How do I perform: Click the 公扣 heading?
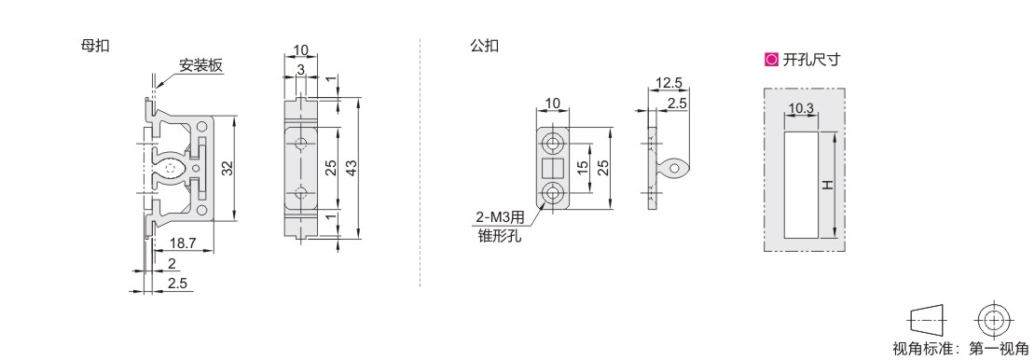(484, 47)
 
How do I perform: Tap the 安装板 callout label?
(200, 65)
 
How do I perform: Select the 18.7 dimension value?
(183, 243)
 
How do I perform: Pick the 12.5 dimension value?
(669, 83)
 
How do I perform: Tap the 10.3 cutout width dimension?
(801, 107)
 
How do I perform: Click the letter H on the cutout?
(827, 185)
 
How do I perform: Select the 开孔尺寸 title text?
(811, 60)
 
